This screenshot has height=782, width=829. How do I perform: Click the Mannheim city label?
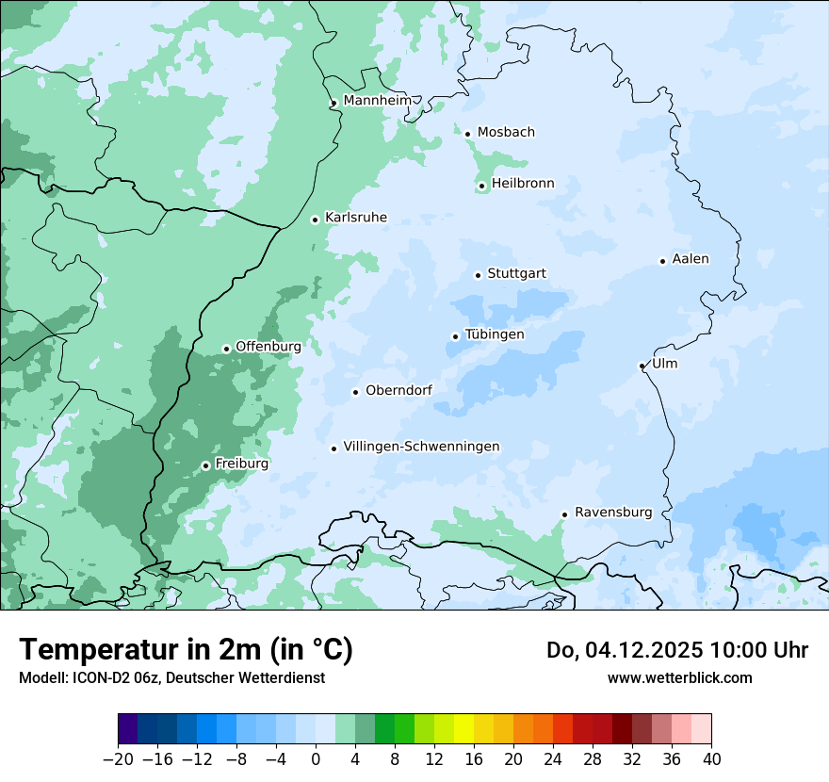click(x=377, y=100)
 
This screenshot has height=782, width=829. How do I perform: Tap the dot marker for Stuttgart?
click(x=478, y=275)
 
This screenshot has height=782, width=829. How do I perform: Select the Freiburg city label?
click(x=241, y=464)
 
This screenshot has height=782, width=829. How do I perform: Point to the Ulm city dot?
click(x=642, y=366)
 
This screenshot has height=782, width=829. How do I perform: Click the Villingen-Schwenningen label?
click(x=421, y=447)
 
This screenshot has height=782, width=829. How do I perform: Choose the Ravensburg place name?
click(x=612, y=513)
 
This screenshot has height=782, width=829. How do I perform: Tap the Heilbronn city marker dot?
click(x=481, y=186)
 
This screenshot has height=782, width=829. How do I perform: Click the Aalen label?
click(x=691, y=259)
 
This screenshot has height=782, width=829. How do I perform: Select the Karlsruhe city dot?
click(x=315, y=220)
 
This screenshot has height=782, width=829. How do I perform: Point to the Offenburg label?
click(x=268, y=347)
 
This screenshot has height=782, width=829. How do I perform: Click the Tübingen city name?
click(x=495, y=334)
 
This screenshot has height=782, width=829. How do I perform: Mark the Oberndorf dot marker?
click(x=355, y=392)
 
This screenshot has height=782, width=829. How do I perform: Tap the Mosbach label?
click(x=506, y=133)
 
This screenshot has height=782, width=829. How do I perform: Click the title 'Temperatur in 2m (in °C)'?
click(x=186, y=650)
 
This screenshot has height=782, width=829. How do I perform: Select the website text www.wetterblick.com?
click(x=679, y=677)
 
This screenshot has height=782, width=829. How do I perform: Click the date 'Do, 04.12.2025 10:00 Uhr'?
click(x=676, y=650)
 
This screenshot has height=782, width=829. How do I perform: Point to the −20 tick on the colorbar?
click(x=118, y=759)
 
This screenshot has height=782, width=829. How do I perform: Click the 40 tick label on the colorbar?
click(x=711, y=759)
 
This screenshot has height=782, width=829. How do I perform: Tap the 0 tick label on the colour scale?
click(x=316, y=759)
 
